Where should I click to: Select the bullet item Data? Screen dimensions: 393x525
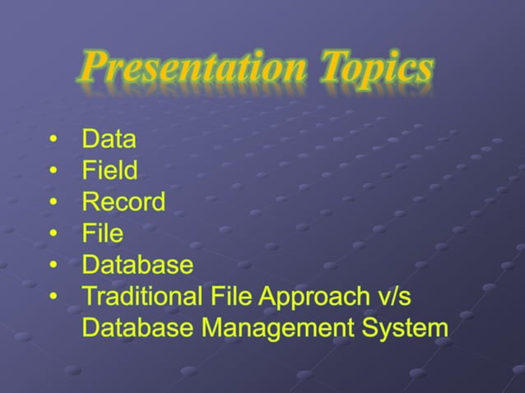(x=109, y=139)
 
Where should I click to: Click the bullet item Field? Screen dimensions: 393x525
(x=109, y=170)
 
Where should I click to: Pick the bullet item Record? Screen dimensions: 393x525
(x=123, y=201)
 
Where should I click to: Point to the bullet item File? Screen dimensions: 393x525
(x=102, y=233)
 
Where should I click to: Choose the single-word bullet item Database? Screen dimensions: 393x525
(x=137, y=265)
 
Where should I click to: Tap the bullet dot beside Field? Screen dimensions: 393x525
(x=53, y=171)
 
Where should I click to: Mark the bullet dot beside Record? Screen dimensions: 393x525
(x=53, y=202)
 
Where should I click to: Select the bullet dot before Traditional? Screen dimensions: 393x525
(x=53, y=297)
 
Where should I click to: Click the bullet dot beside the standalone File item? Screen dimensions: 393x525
(x=53, y=234)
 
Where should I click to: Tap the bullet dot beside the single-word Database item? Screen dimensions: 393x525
(x=53, y=266)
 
